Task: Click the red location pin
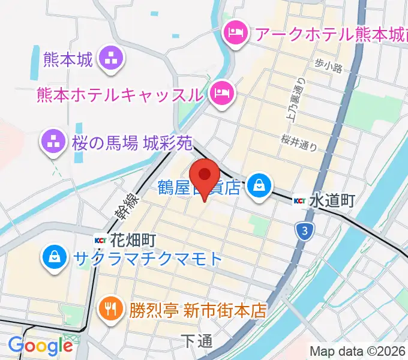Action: click(x=206, y=175)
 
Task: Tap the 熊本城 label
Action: click(x=68, y=59)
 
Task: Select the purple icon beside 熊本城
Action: click(x=112, y=59)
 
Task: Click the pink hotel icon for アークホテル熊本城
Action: click(x=233, y=33)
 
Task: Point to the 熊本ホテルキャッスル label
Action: click(x=119, y=94)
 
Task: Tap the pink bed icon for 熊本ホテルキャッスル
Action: click(x=223, y=92)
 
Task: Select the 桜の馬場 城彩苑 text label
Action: click(x=133, y=143)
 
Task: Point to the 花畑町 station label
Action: click(x=133, y=240)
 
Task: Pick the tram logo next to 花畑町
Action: click(x=101, y=240)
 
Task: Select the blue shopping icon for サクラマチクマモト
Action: click(x=55, y=259)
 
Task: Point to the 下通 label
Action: click(x=196, y=341)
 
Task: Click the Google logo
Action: click(x=40, y=346)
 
